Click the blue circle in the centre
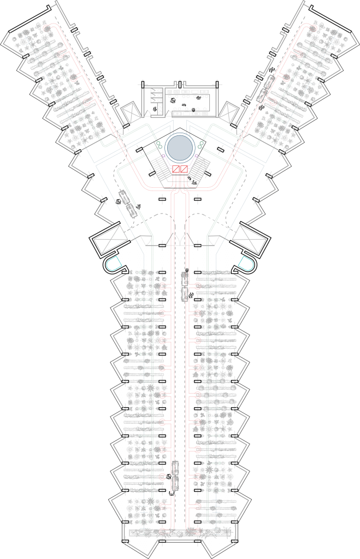tap(180, 147)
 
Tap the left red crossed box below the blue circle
tap(176, 171)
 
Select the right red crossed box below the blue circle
tap(184, 171)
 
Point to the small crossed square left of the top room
tap(133, 112)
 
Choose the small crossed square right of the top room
tap(228, 112)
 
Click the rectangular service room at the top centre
tap(180, 101)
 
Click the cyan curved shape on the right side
tap(247, 265)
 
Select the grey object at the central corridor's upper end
tap(185, 284)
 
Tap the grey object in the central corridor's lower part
tap(175, 473)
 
